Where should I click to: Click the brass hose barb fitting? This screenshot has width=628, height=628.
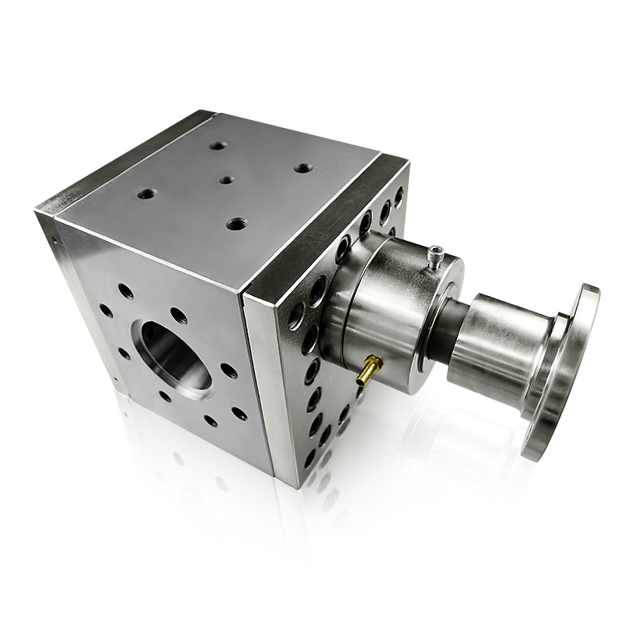[368, 370]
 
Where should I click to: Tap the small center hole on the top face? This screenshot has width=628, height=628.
[226, 179]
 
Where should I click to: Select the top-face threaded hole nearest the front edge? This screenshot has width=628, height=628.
[236, 224]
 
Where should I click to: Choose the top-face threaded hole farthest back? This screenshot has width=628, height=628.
[218, 145]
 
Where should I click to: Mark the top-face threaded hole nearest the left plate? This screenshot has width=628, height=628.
[146, 192]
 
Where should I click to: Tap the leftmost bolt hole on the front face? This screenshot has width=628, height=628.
[106, 310]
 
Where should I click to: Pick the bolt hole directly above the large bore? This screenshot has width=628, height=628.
[179, 315]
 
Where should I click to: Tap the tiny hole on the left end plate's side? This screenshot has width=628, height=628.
[54, 237]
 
